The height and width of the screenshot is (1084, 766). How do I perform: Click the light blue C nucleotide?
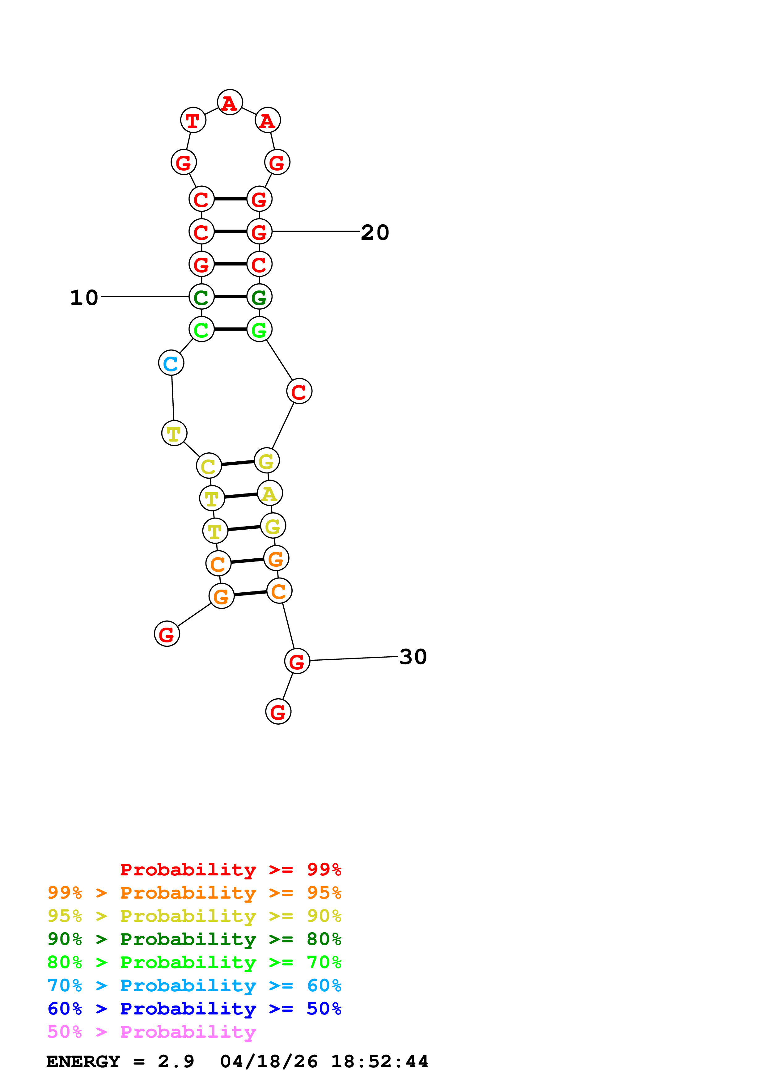(x=171, y=363)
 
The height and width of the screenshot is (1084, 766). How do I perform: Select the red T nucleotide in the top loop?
(x=193, y=121)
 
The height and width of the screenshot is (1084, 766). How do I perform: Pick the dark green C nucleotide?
(x=201, y=297)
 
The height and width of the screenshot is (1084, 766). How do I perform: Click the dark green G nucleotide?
(x=259, y=297)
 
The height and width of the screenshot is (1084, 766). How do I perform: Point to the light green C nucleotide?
(x=201, y=329)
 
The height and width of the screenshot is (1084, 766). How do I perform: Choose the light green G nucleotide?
(x=259, y=329)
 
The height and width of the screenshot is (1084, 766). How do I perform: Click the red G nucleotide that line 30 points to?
(x=297, y=662)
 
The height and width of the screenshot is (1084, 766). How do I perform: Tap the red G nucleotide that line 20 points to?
(x=259, y=232)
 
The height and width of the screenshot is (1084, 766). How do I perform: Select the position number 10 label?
(x=84, y=298)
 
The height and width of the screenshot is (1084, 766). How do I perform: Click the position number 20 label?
(x=375, y=232)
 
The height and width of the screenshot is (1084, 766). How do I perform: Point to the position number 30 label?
(x=413, y=657)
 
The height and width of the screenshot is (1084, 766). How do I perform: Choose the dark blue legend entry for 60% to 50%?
(x=194, y=1009)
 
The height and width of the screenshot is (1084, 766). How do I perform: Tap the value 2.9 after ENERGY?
(x=176, y=1061)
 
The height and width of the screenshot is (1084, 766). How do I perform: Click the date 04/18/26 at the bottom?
(x=269, y=1061)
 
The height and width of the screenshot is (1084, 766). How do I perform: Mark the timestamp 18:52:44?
(x=379, y=1061)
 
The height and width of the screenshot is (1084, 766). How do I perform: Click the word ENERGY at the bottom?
(x=83, y=1061)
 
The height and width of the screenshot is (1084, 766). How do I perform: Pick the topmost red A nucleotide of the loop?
(x=230, y=103)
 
